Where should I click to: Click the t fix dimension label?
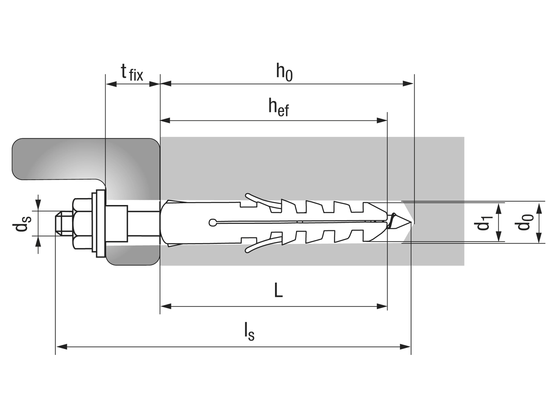(x=132, y=72)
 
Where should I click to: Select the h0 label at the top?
(x=284, y=72)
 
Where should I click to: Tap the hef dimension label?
(x=278, y=108)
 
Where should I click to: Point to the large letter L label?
(x=278, y=290)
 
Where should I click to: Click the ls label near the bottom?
(x=249, y=331)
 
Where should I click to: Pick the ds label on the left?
(x=21, y=224)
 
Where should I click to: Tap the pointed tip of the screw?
(x=411, y=223)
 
